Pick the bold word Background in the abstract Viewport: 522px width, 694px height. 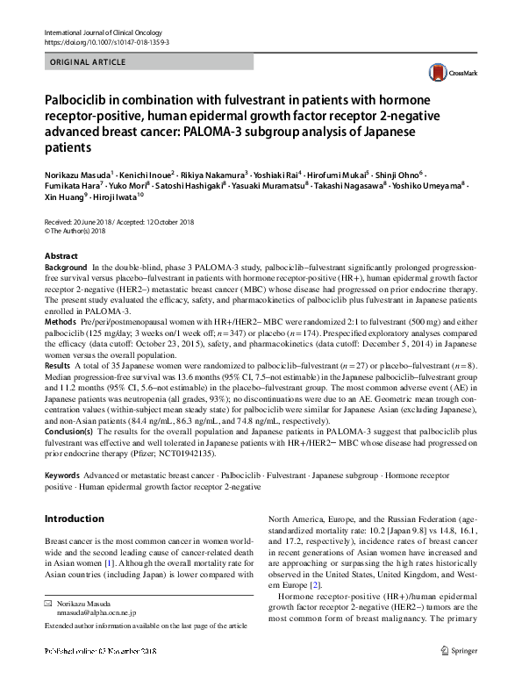pos(66,266)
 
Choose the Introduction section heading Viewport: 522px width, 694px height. pos(74,519)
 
